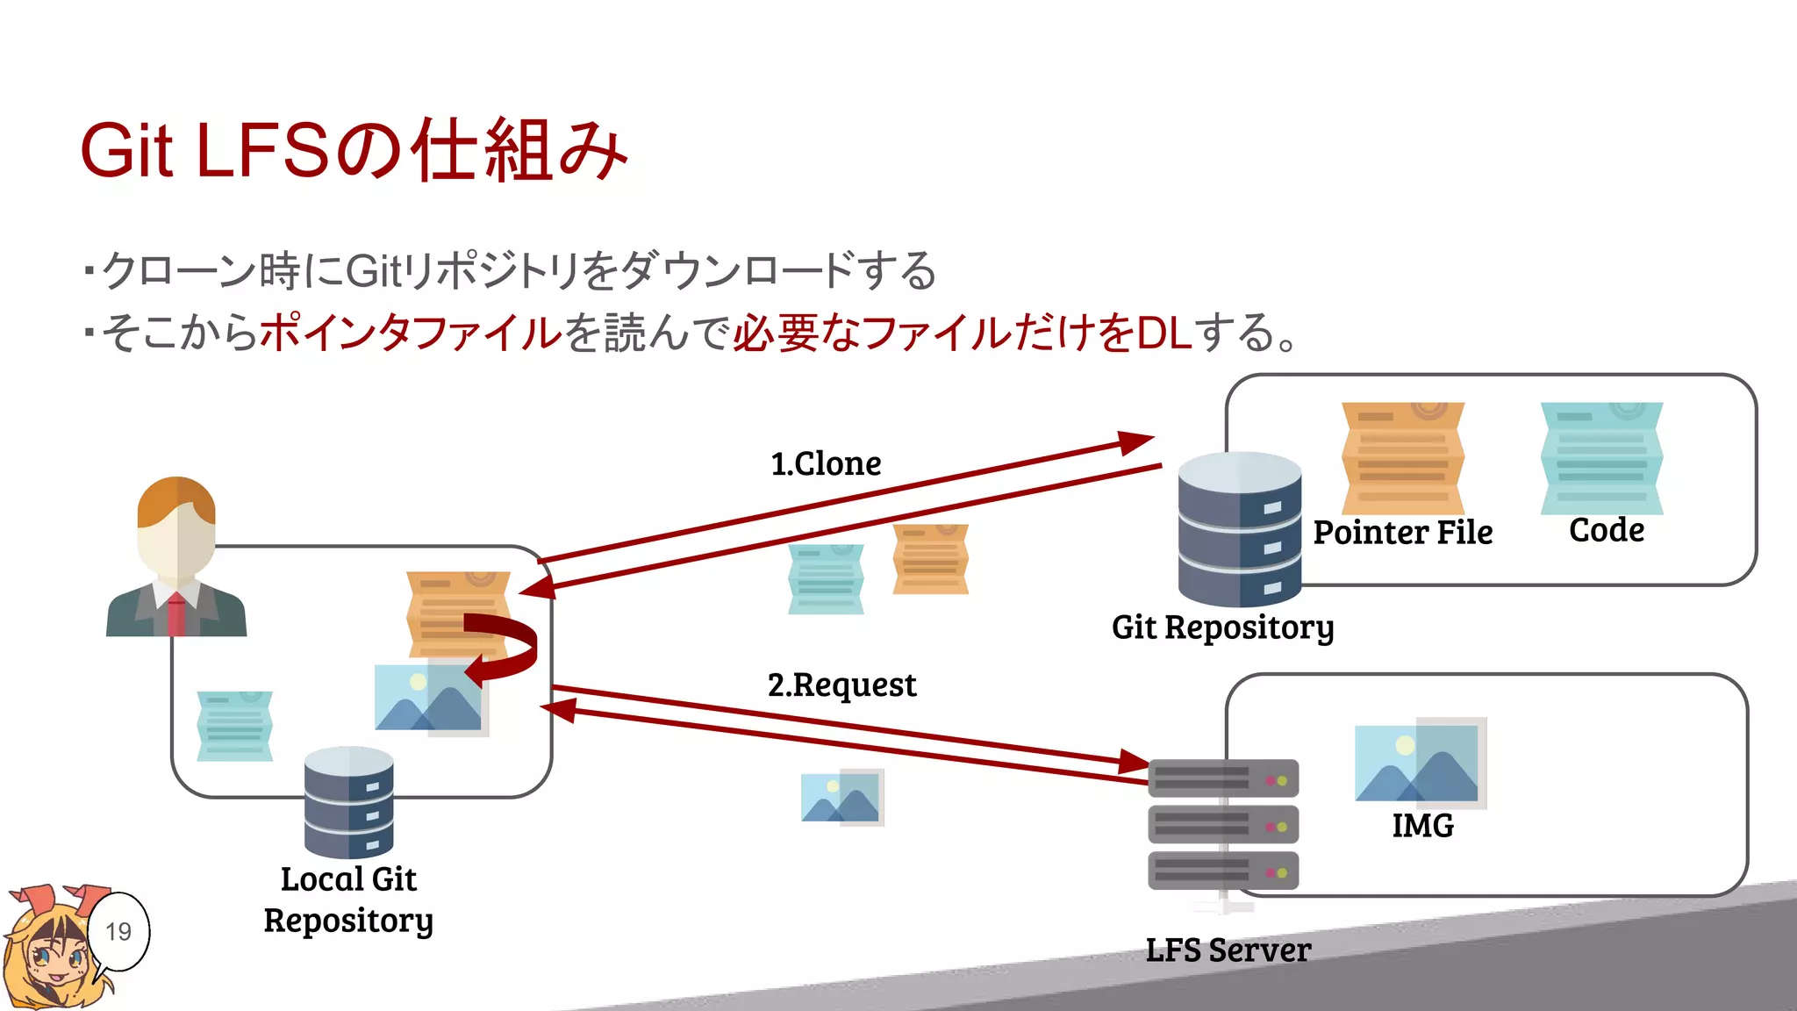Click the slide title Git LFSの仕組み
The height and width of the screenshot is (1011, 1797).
353,151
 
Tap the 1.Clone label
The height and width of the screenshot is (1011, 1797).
826,463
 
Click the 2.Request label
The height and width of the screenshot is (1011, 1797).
841,685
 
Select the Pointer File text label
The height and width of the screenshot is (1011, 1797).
1402,533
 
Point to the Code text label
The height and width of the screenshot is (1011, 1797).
1606,530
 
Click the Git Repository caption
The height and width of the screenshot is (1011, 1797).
1222,627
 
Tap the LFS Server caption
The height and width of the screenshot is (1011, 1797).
1228,950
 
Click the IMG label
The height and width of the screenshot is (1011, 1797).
1422,826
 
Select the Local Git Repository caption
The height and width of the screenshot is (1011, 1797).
348,900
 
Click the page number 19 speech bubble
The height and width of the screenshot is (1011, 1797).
118,931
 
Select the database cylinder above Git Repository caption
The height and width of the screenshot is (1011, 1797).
1239,529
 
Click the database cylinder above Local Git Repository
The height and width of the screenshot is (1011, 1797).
348,802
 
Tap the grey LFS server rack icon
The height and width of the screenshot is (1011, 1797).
1222,825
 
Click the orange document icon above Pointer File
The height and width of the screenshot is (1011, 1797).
1402,458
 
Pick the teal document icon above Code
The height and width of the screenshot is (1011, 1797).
1601,458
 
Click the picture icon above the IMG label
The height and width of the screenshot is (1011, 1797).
1420,762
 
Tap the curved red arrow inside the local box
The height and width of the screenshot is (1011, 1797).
505,648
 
